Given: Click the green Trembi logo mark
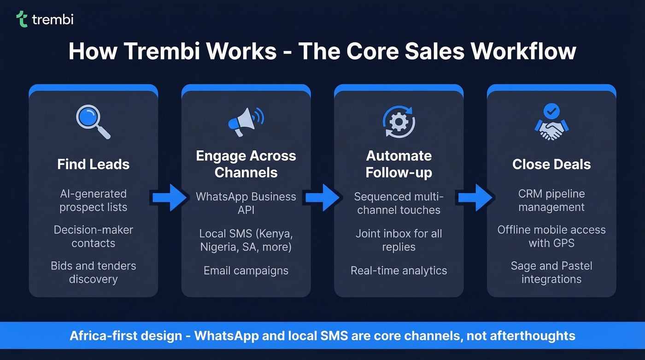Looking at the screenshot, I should click(22, 19).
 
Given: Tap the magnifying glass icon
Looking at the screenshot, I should click(93, 121).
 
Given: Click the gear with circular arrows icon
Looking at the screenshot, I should click(399, 122).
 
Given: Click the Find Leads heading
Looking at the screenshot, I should click(93, 165).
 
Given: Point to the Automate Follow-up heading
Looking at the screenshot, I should click(399, 164).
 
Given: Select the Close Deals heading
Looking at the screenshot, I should click(551, 165).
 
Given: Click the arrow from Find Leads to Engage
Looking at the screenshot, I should click(169, 198).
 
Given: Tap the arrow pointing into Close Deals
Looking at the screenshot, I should click(475, 198).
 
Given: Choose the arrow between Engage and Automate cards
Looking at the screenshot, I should click(322, 198).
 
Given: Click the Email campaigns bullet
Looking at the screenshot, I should click(246, 271).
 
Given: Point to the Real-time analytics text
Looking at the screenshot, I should click(399, 271).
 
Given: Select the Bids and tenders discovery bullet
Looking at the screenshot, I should click(93, 272).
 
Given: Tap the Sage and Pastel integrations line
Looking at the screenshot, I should click(551, 272).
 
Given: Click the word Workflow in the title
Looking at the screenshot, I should click(523, 51).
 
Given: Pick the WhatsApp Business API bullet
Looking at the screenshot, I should click(246, 203).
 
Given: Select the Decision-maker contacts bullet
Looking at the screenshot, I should click(93, 236).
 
